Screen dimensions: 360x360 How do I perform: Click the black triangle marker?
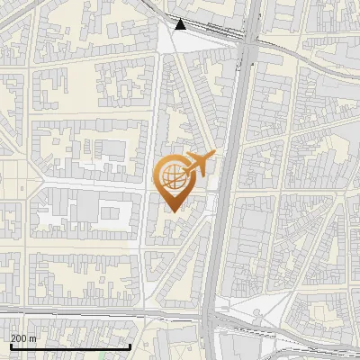[x=181, y=24]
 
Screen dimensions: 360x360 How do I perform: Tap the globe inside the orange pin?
[x=173, y=175]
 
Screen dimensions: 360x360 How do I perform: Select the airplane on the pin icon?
[x=199, y=163]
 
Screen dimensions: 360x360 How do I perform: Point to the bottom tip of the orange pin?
[x=173, y=211]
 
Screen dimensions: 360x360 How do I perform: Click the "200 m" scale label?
[x=24, y=338]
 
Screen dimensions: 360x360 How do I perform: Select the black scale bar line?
[x=70, y=346]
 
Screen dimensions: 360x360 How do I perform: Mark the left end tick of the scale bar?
[x=11, y=346]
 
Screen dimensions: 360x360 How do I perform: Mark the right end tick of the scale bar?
[x=130, y=346]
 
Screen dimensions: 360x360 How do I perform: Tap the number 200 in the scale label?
[x=19, y=338]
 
